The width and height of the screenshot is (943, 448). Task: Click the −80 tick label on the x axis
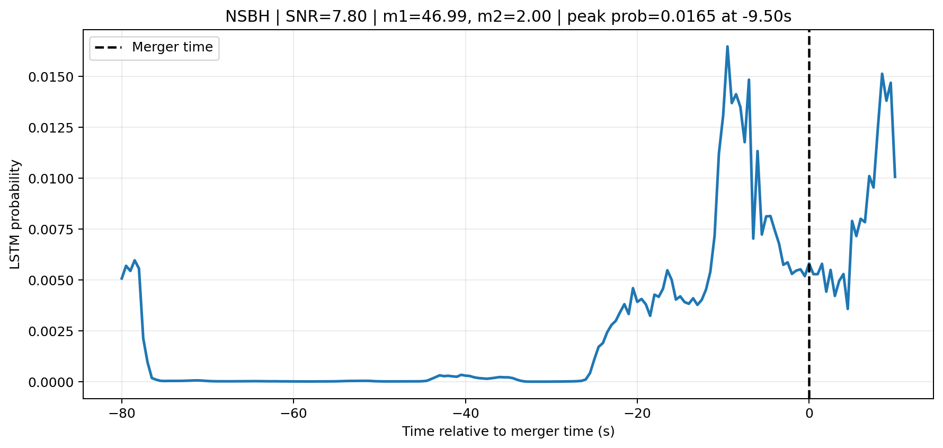pyautogui.click(x=121, y=414)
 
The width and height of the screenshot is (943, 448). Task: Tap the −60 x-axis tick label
pyautogui.click(x=293, y=414)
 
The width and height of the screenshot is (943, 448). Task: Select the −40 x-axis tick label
pyautogui.click(x=465, y=414)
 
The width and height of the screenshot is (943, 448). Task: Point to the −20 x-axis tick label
pyautogui.click(x=637, y=414)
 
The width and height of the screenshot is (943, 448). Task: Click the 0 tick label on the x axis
pyautogui.click(x=809, y=414)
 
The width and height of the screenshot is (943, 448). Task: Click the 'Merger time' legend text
pyautogui.click(x=172, y=47)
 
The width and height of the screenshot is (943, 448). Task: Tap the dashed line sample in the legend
pyautogui.click(x=108, y=48)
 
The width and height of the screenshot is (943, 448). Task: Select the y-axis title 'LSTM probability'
pyautogui.click(x=15, y=214)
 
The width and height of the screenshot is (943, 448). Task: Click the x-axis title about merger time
pyautogui.click(x=508, y=432)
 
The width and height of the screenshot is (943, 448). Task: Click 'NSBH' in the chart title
pyautogui.click(x=247, y=16)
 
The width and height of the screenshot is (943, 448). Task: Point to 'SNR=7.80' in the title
pyautogui.click(x=326, y=16)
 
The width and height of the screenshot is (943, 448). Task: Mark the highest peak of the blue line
pyautogui.click(x=727, y=47)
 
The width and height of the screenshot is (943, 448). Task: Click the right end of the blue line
pyautogui.click(x=895, y=177)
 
